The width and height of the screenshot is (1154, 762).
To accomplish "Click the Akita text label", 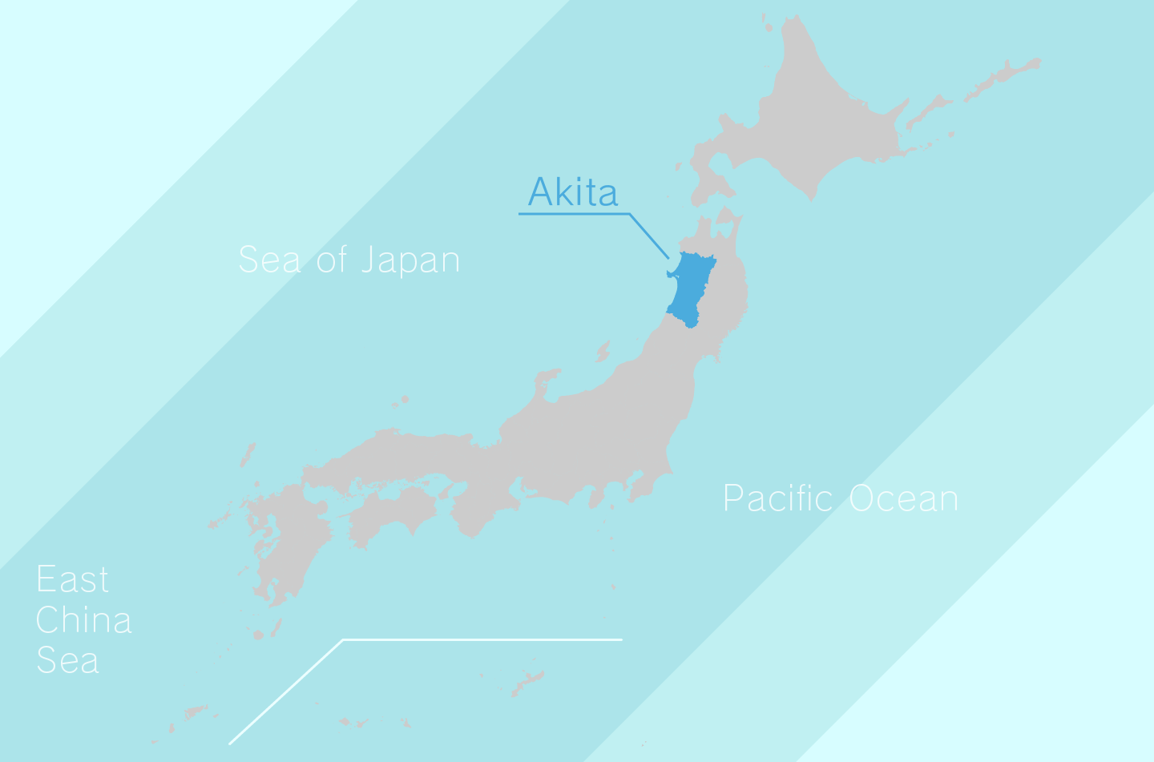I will [x=573, y=192].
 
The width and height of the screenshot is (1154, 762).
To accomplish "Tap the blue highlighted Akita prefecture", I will [x=690, y=288].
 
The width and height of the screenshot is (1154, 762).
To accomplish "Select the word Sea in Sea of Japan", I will [x=269, y=260].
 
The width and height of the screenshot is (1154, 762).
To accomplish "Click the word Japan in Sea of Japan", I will [x=410, y=261].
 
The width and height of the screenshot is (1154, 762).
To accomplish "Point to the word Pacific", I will [x=778, y=498].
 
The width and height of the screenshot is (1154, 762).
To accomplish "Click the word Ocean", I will [x=903, y=498].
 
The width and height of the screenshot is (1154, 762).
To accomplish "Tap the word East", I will [x=72, y=579].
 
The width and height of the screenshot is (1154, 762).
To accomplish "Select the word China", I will [x=83, y=620].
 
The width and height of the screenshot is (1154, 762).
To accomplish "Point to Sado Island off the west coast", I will [x=603, y=350].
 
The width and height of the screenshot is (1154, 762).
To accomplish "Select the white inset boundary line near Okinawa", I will [x=481, y=639].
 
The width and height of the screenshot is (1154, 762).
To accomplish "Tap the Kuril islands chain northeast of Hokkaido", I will [x=1002, y=76].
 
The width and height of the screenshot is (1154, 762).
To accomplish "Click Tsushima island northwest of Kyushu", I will [x=248, y=455].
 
